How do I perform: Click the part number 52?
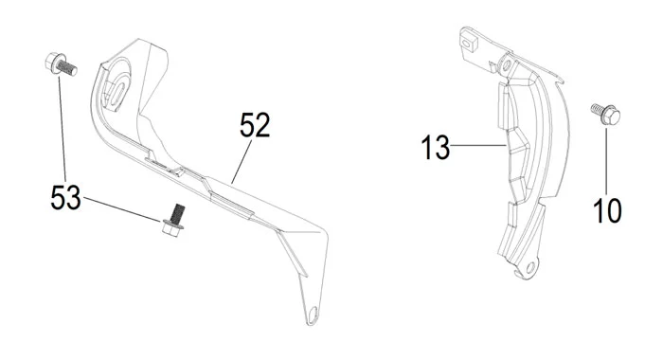pos(255,125)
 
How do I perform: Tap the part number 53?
pos(65,198)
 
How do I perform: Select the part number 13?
pos(435,147)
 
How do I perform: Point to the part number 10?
pos(608,210)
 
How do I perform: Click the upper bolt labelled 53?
pos(61,64)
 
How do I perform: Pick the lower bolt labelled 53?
pos(174,220)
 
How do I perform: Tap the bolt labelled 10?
pos(606,114)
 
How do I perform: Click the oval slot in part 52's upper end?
pos(117,92)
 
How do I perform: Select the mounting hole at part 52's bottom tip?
pos(313,315)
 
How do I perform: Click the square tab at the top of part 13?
pos(468,43)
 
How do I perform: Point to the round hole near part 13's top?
pos(506,65)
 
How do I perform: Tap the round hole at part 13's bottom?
pos(530,266)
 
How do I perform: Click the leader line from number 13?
pos(478,146)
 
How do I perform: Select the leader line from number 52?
pos(242,161)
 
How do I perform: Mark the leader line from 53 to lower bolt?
pos(122,209)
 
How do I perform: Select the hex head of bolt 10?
pos(611,117)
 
